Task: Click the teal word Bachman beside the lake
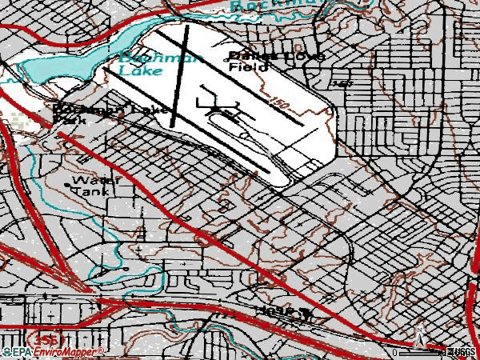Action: pos(140,58)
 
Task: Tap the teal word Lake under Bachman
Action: pos(134,71)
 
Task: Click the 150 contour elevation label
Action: pos(279,103)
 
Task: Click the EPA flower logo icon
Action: pos(6,351)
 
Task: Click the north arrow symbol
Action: pos(418,335)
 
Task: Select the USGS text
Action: pos(463,352)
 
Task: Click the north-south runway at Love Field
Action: pos(180,76)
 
